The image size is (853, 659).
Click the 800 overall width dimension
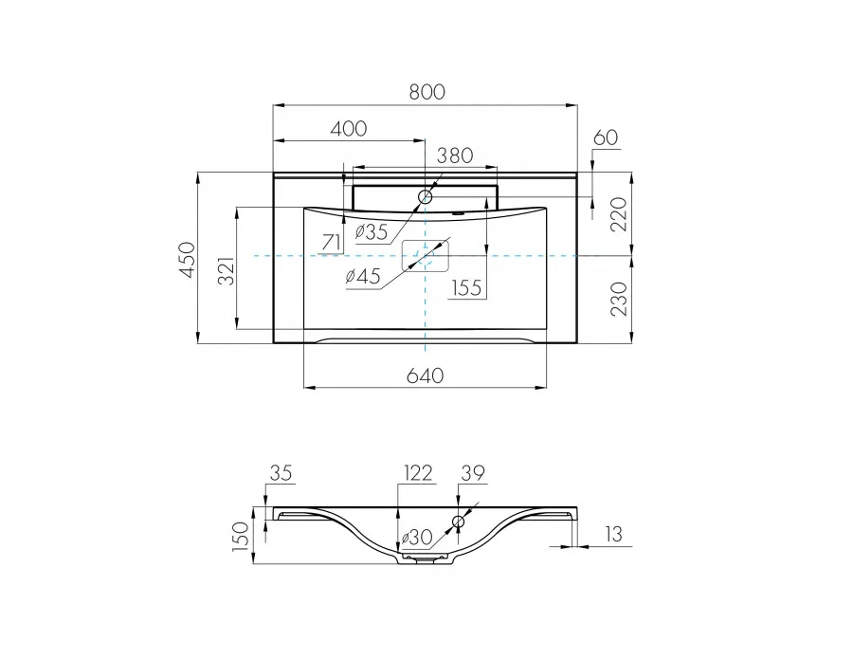[x=427, y=91]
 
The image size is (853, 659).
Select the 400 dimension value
[x=349, y=128]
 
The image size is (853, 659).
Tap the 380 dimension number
[x=455, y=156]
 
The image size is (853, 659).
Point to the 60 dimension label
[x=606, y=137]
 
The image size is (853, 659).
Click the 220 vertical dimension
[x=619, y=214]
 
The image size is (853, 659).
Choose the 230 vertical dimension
[x=619, y=299]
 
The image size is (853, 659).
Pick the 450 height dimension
[x=187, y=260]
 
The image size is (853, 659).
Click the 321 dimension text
[x=227, y=270]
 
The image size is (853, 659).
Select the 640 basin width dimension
[x=425, y=375]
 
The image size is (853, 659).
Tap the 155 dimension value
[x=466, y=287]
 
